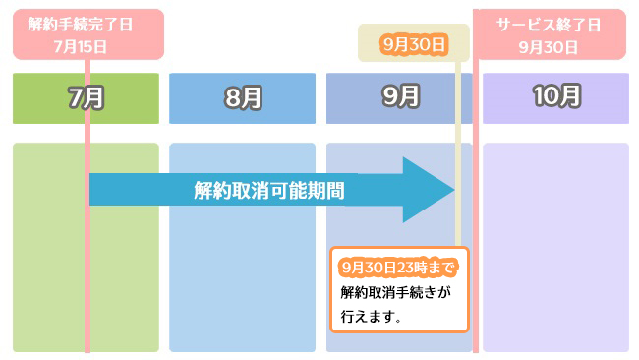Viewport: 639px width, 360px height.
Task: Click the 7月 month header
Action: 86,97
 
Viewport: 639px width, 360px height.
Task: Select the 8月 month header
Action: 242,97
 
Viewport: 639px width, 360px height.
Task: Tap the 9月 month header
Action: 399,97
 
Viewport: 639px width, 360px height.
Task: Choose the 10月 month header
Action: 555,97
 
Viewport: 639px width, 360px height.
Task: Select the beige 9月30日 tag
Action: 414,44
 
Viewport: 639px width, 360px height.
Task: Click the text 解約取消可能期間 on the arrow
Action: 268,190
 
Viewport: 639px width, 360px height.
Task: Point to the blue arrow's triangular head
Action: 429,190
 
